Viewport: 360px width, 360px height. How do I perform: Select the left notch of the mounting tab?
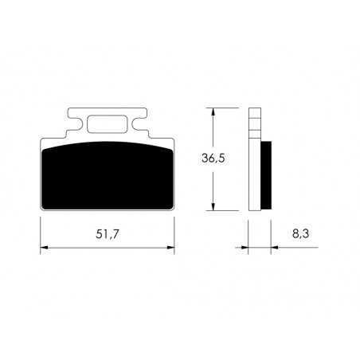coord(75,127)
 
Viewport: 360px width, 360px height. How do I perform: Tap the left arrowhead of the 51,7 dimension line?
coord(45,248)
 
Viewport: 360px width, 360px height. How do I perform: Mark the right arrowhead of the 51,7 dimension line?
coord(170,248)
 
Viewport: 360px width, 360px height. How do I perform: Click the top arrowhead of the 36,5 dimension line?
coord(213,112)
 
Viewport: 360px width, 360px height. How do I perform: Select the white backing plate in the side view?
coord(254,183)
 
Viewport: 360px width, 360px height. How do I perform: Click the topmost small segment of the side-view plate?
coord(254,112)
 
